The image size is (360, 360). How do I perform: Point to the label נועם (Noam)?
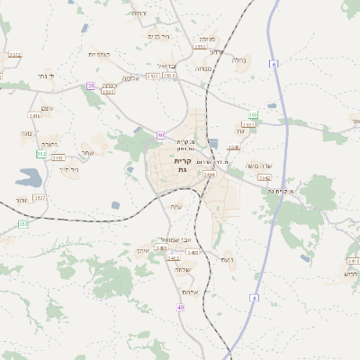coord(226,259)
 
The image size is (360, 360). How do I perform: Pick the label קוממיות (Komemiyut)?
coord(99,54)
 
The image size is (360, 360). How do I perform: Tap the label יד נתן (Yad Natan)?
coord(47,76)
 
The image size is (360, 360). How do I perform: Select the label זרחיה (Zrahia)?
coord(139,13)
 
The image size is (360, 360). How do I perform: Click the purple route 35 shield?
coord(90,85)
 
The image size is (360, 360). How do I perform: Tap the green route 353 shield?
coord(22,223)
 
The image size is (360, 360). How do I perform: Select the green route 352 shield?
coord(40,154)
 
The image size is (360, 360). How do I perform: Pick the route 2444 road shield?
coord(210,174)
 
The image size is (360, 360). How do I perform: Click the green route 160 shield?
coord(254,115)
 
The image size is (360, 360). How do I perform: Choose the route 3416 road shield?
coord(35,115)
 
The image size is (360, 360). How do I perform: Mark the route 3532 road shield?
coord(40,195)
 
